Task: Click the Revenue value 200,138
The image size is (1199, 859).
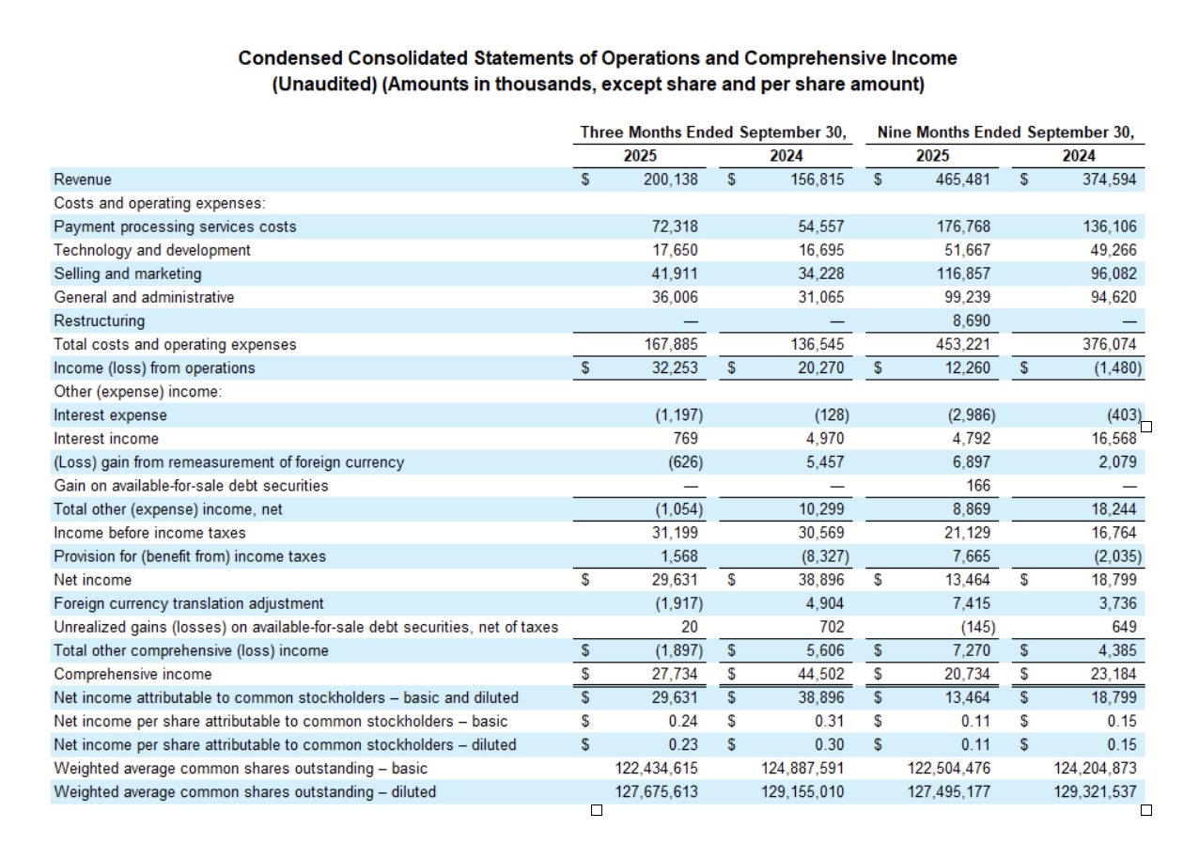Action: click(x=670, y=180)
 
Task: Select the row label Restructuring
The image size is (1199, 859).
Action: click(x=100, y=320)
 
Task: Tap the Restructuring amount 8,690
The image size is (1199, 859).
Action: click(x=971, y=320)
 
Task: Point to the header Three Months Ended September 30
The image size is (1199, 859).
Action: click(x=714, y=133)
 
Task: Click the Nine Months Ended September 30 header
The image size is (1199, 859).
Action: click(x=1005, y=133)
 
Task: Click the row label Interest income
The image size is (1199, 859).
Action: click(x=106, y=438)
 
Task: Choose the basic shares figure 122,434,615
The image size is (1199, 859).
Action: click(x=656, y=768)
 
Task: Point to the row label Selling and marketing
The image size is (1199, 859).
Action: click(x=128, y=273)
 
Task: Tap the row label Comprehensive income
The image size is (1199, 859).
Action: click(x=132, y=674)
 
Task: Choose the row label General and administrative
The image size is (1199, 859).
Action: click(x=144, y=297)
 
